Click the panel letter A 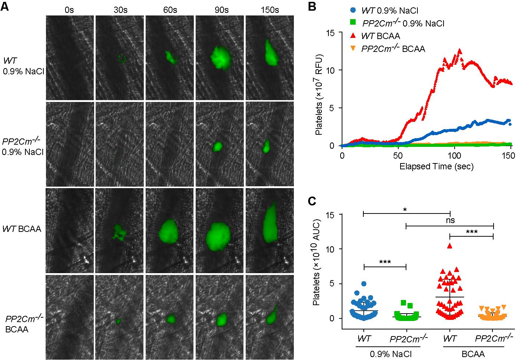pyautogui.click(x=5, y=7)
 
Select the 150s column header pyautogui.click(x=270, y=10)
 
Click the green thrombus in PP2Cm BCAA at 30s pyautogui.click(x=118, y=321)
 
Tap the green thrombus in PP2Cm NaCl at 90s pyautogui.click(x=217, y=147)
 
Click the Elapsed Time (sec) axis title pyautogui.click(x=437, y=166)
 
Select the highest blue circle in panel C pyautogui.click(x=364, y=284)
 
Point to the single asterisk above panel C pyautogui.click(x=405, y=209)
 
